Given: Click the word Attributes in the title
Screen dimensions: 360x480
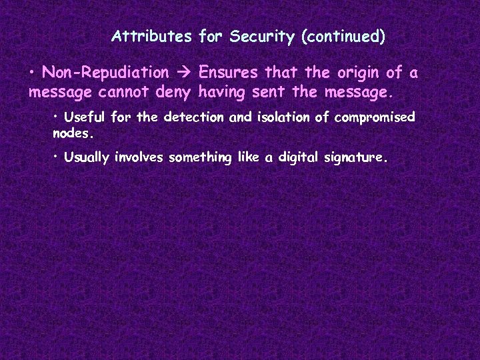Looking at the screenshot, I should click(x=152, y=36).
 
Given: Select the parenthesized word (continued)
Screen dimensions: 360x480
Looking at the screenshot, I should click(x=343, y=36).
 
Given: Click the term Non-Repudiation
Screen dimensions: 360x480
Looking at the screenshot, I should click(x=105, y=72).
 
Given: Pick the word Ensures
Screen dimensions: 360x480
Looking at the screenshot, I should click(x=229, y=72).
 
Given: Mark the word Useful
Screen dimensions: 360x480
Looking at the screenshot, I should click(x=85, y=117).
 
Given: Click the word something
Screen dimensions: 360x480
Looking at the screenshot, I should click(x=200, y=158).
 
